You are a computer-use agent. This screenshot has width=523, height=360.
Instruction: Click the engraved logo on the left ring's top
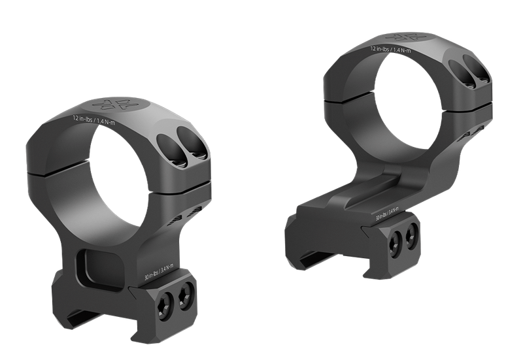pyautogui.click(x=114, y=105)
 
